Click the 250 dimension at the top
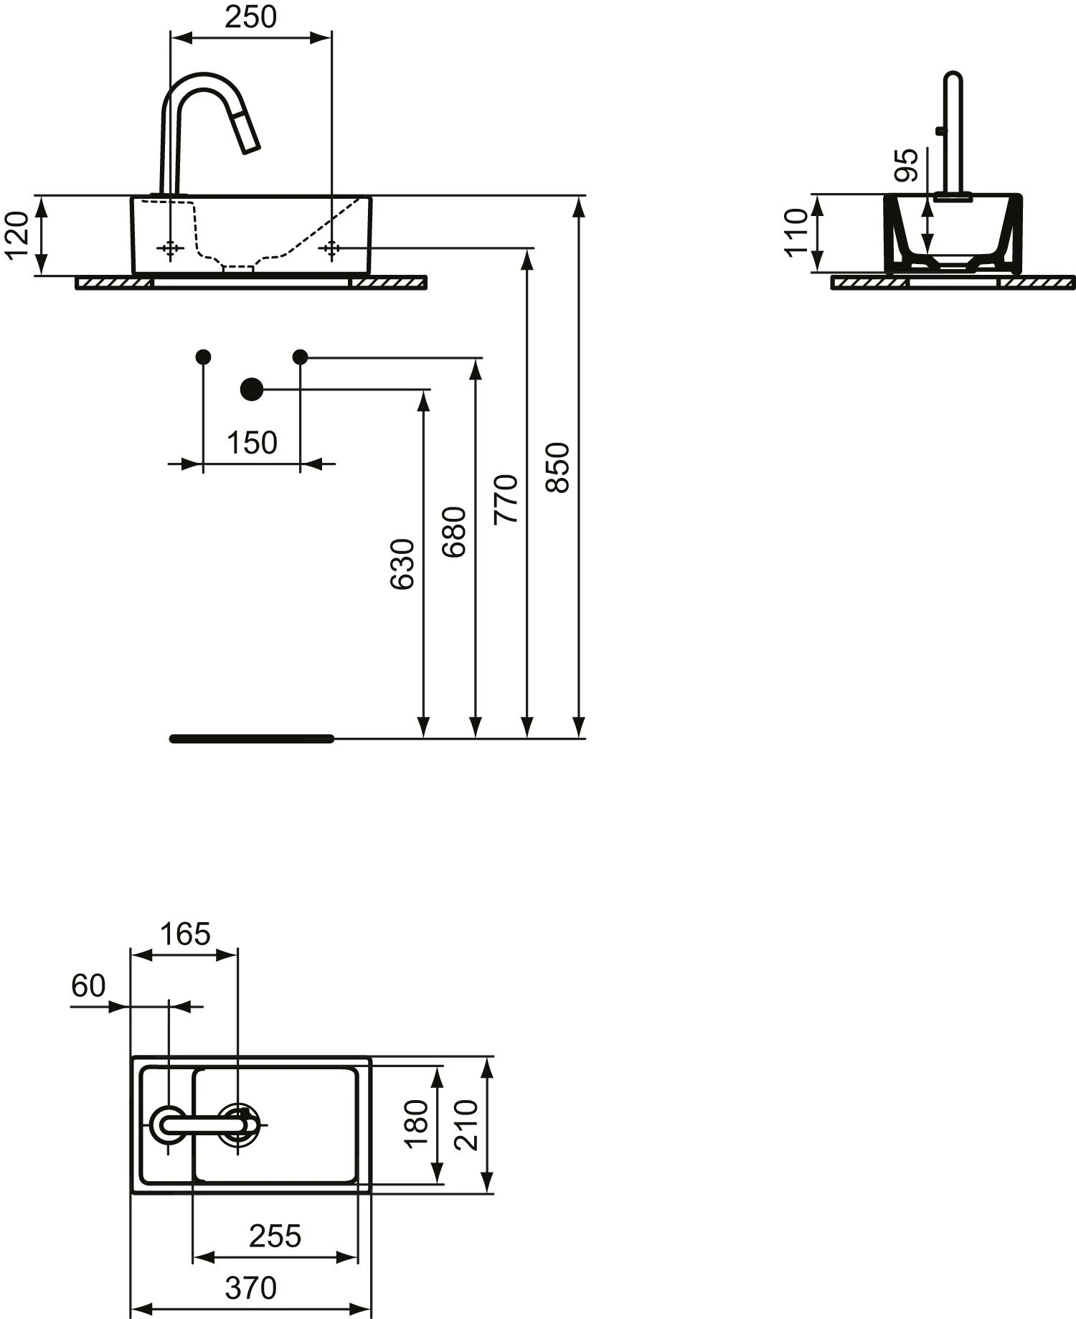click(250, 17)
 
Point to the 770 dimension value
click(506, 499)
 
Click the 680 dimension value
click(455, 532)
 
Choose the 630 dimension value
click(403, 564)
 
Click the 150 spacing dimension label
click(252, 443)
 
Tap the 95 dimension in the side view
click(907, 165)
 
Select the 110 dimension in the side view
click(796, 232)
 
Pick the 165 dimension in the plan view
click(184, 934)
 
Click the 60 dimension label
click(88, 986)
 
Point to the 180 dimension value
click(417, 1123)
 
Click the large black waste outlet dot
click(251, 389)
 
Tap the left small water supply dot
click(203, 356)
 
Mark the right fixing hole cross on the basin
click(331, 248)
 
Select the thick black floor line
click(252, 738)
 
